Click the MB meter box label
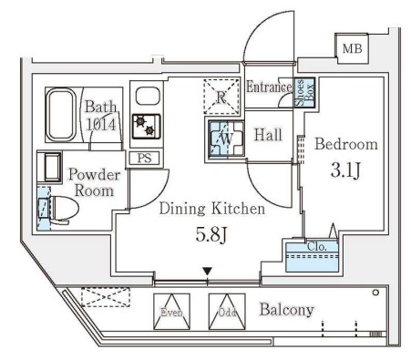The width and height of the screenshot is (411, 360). click(x=352, y=48)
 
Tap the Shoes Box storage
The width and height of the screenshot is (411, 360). click(x=304, y=92)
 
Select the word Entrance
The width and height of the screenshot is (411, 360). click(x=269, y=87)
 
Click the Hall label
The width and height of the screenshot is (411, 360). click(x=268, y=135)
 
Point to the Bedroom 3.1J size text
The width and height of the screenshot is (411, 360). click(x=345, y=170)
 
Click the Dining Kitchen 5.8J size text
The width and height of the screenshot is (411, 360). click(x=211, y=234)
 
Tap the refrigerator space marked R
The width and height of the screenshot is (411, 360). click(x=221, y=97)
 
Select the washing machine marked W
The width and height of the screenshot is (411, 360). click(x=226, y=139)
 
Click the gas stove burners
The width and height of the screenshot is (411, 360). click(x=146, y=127)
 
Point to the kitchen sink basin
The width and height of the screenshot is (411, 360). click(x=148, y=96)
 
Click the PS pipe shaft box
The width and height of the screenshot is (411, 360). click(x=144, y=159)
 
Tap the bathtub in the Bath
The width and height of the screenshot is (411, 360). click(x=61, y=115)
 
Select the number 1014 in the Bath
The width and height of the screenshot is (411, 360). click(x=101, y=125)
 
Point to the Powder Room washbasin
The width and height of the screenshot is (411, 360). click(x=49, y=168)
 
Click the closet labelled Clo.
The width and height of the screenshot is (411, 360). click(x=313, y=255)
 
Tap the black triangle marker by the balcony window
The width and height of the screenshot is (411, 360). click(x=207, y=271)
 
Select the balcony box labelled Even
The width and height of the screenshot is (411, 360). click(x=171, y=312)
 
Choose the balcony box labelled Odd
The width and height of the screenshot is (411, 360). click(x=227, y=312)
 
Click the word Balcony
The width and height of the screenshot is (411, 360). click(x=286, y=310)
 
